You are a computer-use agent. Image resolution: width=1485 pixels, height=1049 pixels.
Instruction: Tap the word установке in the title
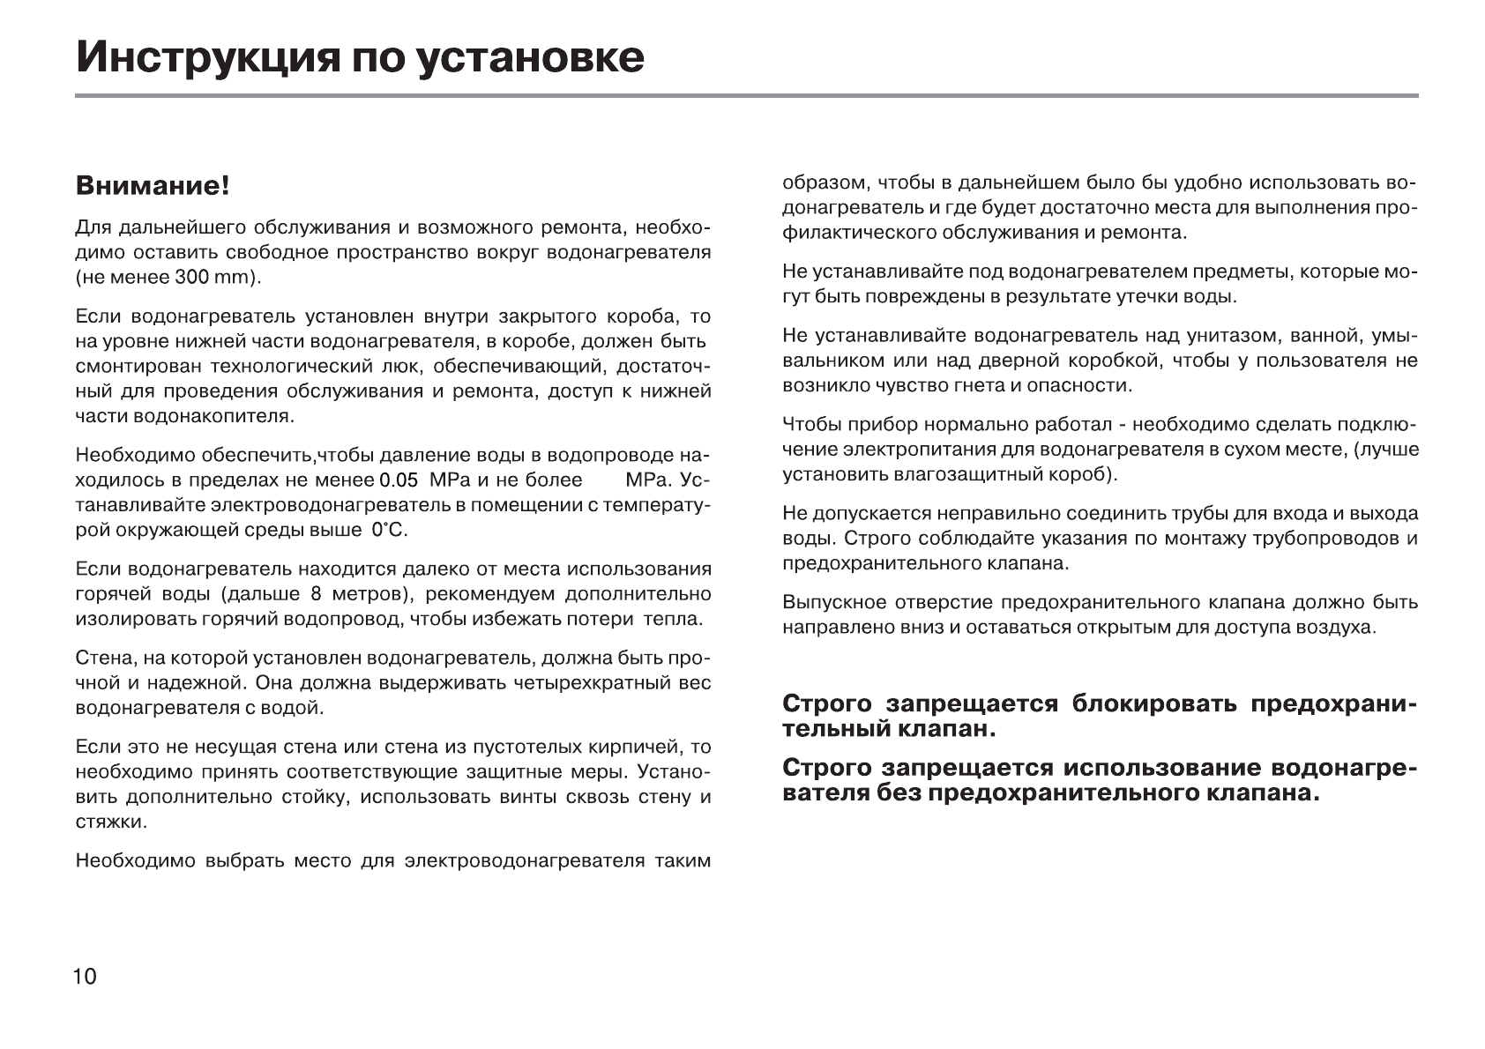click(x=530, y=58)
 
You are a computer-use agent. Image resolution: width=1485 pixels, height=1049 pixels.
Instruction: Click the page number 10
click(x=86, y=976)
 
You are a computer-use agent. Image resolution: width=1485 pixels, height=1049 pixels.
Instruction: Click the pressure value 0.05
click(x=397, y=480)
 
